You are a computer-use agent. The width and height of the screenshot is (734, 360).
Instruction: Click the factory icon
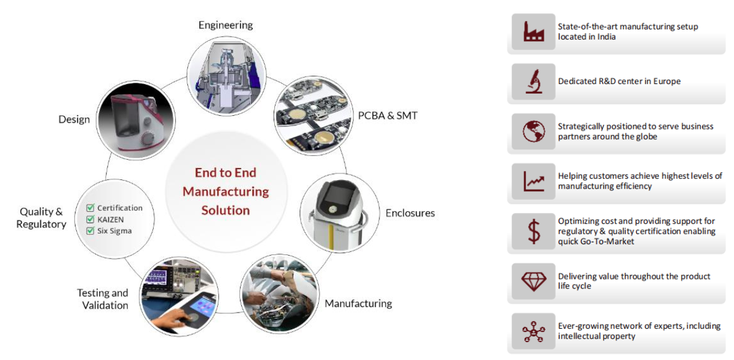coord(534,31)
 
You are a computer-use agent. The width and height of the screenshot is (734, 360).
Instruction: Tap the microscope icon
coord(534,81)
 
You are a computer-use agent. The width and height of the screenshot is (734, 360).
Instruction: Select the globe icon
coord(534,131)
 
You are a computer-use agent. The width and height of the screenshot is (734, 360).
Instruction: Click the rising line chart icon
coord(534,181)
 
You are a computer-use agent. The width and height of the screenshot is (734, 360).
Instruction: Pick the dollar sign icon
coord(534,231)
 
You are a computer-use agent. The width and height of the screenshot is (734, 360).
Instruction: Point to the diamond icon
coord(534,281)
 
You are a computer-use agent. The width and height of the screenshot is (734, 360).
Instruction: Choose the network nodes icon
coord(534,332)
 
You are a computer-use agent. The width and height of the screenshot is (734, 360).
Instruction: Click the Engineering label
coord(226,25)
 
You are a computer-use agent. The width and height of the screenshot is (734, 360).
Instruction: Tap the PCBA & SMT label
coord(388,116)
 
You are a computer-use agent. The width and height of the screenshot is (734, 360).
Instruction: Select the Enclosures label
coord(410,213)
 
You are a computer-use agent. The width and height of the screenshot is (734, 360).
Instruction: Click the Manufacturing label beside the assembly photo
coord(358,304)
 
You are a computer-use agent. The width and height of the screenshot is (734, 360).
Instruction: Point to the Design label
coord(74,119)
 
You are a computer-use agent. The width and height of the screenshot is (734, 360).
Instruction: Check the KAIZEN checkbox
coord(90,219)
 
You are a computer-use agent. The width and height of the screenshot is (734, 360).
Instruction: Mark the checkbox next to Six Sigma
coord(90,230)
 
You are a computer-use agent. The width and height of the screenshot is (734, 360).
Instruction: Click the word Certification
coord(120,208)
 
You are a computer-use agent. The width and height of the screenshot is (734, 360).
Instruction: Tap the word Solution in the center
coord(226,211)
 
